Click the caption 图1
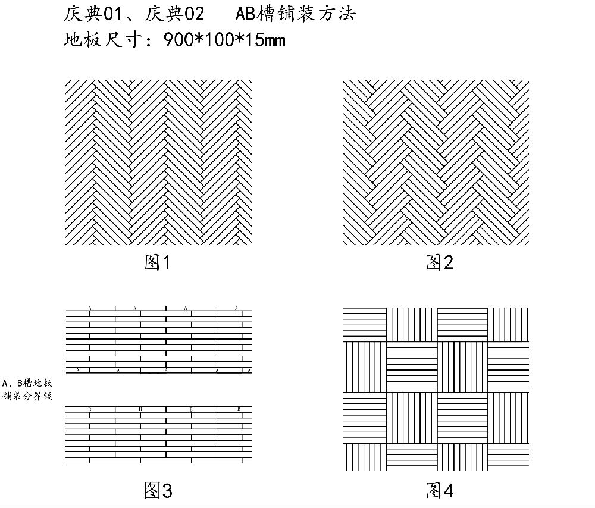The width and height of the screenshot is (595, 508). click(157, 262)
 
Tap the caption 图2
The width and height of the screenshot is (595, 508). click(440, 262)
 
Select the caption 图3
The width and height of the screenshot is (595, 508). click(158, 490)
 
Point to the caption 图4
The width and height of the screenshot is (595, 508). click(440, 490)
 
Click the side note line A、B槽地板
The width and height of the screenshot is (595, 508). click(27, 383)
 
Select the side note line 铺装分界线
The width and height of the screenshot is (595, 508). click(27, 396)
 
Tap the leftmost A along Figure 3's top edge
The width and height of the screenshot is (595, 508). click(90, 308)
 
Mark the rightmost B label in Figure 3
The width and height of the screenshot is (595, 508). click(239, 409)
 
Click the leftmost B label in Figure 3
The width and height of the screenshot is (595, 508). click(89, 409)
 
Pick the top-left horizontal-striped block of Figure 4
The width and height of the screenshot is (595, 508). click(364, 324)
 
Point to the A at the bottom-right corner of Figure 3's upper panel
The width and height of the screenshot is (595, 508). click(249, 371)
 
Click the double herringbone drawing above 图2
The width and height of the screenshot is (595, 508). click(436, 162)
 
